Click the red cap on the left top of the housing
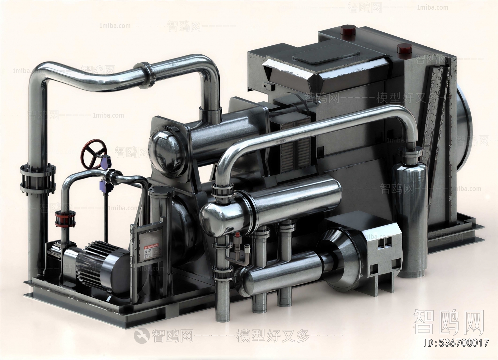click(x=348, y=30)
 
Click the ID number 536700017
click(x=456, y=343)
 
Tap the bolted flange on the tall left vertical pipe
click(x=38, y=179)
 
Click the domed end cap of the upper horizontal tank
click(x=165, y=148)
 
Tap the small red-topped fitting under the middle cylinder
click(x=238, y=236)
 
